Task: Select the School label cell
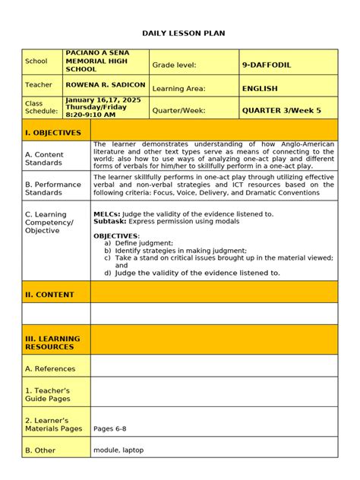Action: click(36, 62)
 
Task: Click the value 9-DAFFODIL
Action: click(267, 65)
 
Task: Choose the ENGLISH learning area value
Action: click(260, 89)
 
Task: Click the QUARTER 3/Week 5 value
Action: click(281, 110)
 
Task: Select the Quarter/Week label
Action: click(179, 110)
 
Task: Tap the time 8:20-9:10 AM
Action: click(90, 115)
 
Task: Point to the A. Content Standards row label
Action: click(44, 158)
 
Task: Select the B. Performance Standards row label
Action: click(52, 188)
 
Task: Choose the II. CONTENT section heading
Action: click(49, 295)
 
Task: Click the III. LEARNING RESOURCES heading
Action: click(49, 343)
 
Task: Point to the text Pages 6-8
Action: click(109, 428)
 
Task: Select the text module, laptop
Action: click(118, 450)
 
